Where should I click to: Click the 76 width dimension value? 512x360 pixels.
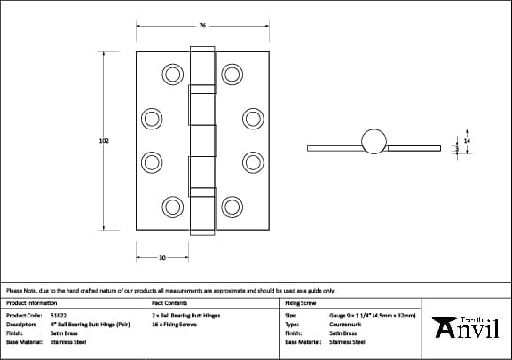click(x=202, y=25)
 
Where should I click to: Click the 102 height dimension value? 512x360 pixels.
click(x=105, y=141)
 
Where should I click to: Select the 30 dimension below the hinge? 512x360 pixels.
click(x=161, y=257)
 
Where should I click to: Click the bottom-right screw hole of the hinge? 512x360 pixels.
click(x=232, y=206)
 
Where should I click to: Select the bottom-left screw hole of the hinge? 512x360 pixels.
click(x=170, y=206)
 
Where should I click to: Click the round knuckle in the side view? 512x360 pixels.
click(x=374, y=141)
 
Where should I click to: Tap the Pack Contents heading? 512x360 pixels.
click(x=169, y=302)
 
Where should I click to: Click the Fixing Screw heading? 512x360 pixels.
click(x=301, y=302)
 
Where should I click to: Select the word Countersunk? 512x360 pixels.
click(x=344, y=324)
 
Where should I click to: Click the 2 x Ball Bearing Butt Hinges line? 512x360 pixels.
click(x=185, y=315)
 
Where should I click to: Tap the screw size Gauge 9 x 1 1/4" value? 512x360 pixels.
click(x=372, y=315)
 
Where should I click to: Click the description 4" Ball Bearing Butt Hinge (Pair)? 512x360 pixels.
click(x=91, y=324)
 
